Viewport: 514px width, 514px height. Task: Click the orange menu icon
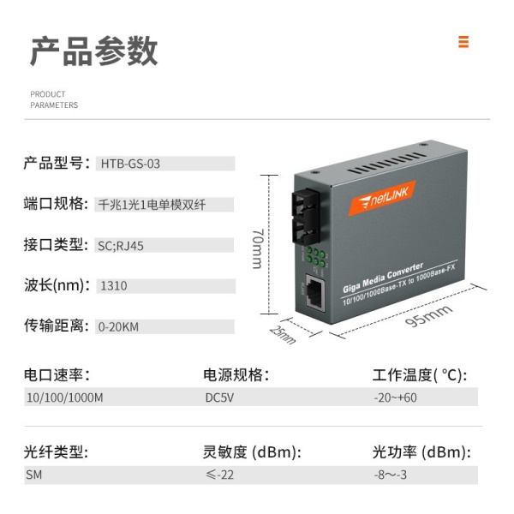click(x=463, y=42)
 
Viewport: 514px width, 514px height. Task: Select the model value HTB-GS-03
click(x=130, y=164)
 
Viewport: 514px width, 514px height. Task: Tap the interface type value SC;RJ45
click(x=121, y=246)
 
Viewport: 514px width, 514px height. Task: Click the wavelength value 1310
click(x=114, y=286)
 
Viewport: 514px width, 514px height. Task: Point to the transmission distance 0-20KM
click(x=118, y=327)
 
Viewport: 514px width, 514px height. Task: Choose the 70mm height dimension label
click(x=258, y=248)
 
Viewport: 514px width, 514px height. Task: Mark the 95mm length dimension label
click(x=429, y=315)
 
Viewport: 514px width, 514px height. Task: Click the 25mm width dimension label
click(x=283, y=335)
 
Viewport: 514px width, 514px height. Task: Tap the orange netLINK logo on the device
click(x=382, y=198)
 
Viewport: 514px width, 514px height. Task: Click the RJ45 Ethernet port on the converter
click(x=315, y=292)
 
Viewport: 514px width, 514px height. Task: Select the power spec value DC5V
click(x=219, y=397)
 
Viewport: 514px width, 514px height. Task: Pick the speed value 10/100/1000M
click(x=65, y=397)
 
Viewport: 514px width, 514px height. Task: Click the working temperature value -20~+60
click(x=395, y=397)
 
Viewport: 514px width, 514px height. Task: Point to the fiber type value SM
click(x=34, y=475)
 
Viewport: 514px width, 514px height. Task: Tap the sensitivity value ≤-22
click(x=219, y=475)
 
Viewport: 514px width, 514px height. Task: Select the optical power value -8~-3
click(x=391, y=475)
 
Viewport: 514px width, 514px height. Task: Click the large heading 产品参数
click(x=93, y=51)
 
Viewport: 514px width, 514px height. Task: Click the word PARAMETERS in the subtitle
click(x=54, y=105)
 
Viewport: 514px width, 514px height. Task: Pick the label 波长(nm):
click(x=57, y=285)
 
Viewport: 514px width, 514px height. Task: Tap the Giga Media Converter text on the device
click(x=383, y=278)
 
